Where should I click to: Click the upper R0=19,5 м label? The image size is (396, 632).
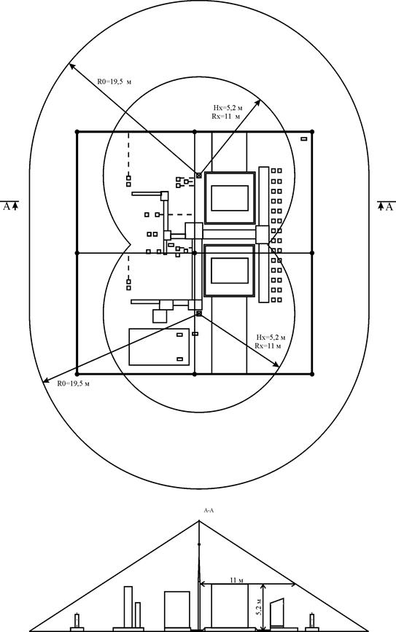pyautogui.click(x=114, y=82)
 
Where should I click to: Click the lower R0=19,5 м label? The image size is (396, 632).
pyautogui.click(x=73, y=383)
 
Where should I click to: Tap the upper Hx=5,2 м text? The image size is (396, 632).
pyautogui.click(x=228, y=108)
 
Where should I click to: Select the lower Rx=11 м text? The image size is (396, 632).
pyautogui.click(x=268, y=346)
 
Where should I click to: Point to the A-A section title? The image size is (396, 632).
pyautogui.click(x=209, y=510)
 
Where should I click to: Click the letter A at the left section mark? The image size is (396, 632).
pyautogui.click(x=6, y=207)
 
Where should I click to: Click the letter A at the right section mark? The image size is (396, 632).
pyautogui.click(x=389, y=207)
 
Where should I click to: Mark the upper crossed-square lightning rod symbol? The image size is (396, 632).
pyautogui.click(x=199, y=176)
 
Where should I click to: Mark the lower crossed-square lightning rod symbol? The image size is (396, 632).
pyautogui.click(x=199, y=313)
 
